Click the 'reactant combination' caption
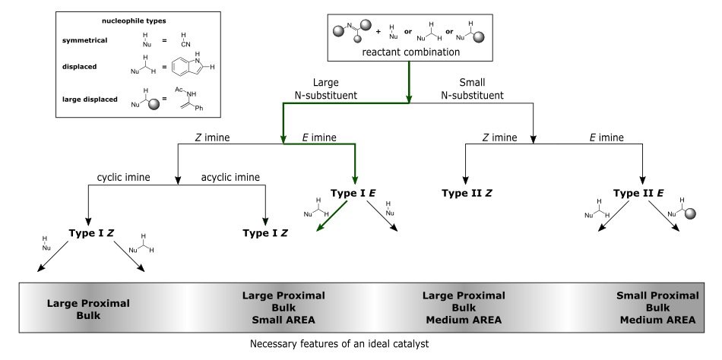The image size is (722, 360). [x=410, y=52]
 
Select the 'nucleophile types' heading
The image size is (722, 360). [x=134, y=21]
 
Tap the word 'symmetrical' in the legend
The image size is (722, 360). [x=84, y=40]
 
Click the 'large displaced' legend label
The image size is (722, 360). [x=90, y=99]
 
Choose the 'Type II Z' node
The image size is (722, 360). [x=467, y=194]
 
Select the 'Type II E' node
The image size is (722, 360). [x=638, y=194]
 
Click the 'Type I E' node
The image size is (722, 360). [x=353, y=194]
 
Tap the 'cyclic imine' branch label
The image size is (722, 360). [x=123, y=177]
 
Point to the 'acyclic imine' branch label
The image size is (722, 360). [x=230, y=177]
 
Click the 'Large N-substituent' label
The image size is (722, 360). [x=326, y=89]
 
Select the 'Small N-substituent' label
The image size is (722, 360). [x=473, y=89]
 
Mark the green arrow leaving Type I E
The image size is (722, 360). [x=332, y=216]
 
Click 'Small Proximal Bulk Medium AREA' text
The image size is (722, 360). [x=657, y=308]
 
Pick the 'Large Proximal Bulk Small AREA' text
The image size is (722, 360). [x=283, y=308]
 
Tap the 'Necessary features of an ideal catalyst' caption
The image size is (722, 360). [x=340, y=344]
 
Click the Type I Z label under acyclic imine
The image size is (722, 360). [x=265, y=233]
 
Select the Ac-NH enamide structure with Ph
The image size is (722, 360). [x=188, y=99]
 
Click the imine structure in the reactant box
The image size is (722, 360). [x=352, y=30]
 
